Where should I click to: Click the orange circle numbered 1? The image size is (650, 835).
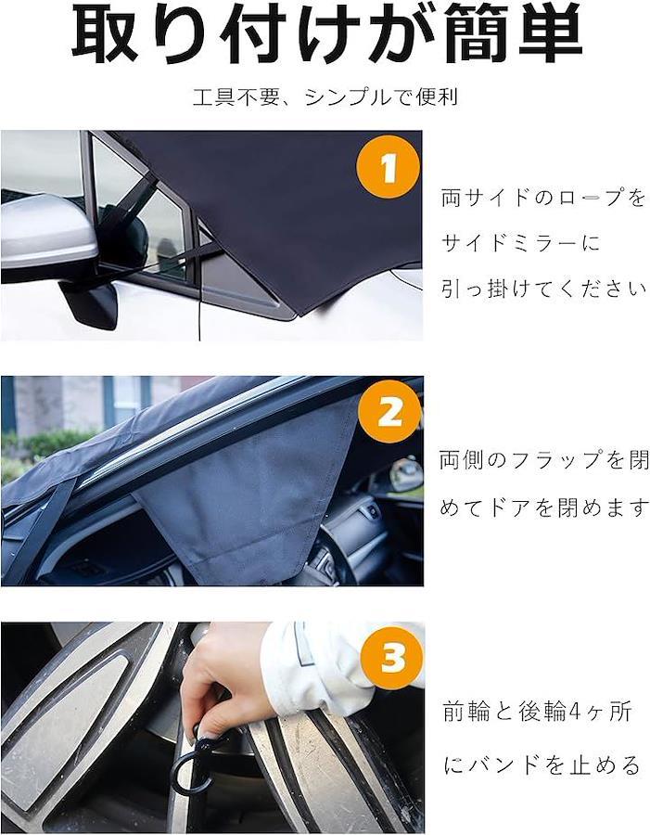(389, 167)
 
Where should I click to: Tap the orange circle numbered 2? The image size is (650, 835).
(389, 411)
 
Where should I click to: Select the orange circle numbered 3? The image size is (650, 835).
(392, 657)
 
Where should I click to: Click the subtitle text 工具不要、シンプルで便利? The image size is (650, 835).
(325, 97)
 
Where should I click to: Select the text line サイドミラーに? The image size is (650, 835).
(520, 243)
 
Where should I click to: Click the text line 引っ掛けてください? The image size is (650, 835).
(543, 289)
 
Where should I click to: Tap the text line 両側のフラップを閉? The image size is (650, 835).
(544, 459)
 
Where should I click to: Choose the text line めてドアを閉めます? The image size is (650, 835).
(544, 507)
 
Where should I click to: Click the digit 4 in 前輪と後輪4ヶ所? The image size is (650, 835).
(580, 712)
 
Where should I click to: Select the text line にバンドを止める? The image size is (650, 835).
(542, 765)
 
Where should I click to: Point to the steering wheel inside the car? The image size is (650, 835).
(336, 554)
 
